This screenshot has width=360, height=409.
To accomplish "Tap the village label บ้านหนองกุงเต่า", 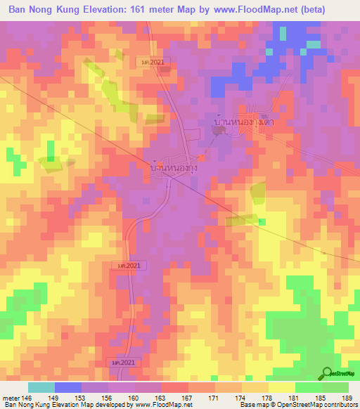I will (243, 122).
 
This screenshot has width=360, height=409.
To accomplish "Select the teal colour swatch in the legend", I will (41, 387).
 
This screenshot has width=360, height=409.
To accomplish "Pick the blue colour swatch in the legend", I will (68, 387).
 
